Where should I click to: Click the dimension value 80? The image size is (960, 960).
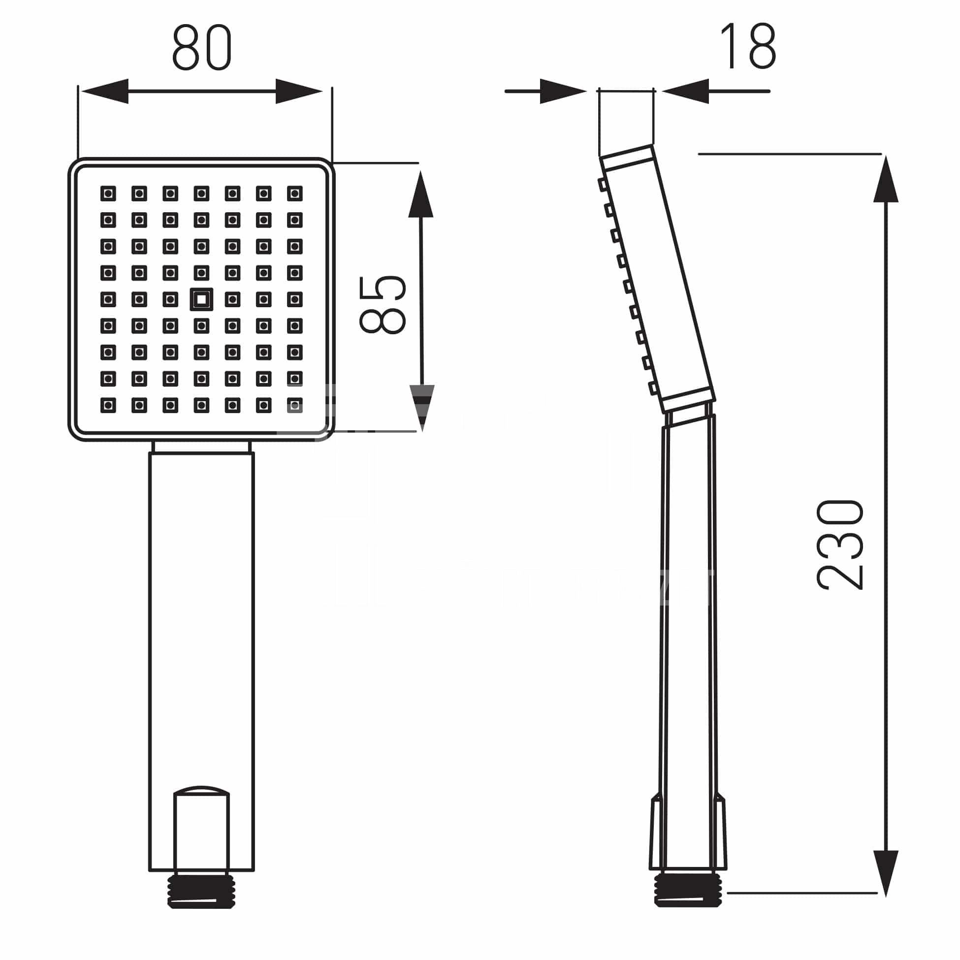tap(202, 47)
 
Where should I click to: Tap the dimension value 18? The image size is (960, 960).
tap(748, 46)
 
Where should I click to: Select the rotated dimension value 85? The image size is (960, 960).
tap(382, 305)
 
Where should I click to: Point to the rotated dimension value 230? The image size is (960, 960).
tap(839, 545)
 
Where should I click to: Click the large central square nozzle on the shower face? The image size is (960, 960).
tap(201, 300)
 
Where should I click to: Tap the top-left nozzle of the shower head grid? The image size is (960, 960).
tap(108, 193)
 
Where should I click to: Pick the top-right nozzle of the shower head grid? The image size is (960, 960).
tap(295, 193)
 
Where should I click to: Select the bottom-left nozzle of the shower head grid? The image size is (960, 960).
tap(108, 406)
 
